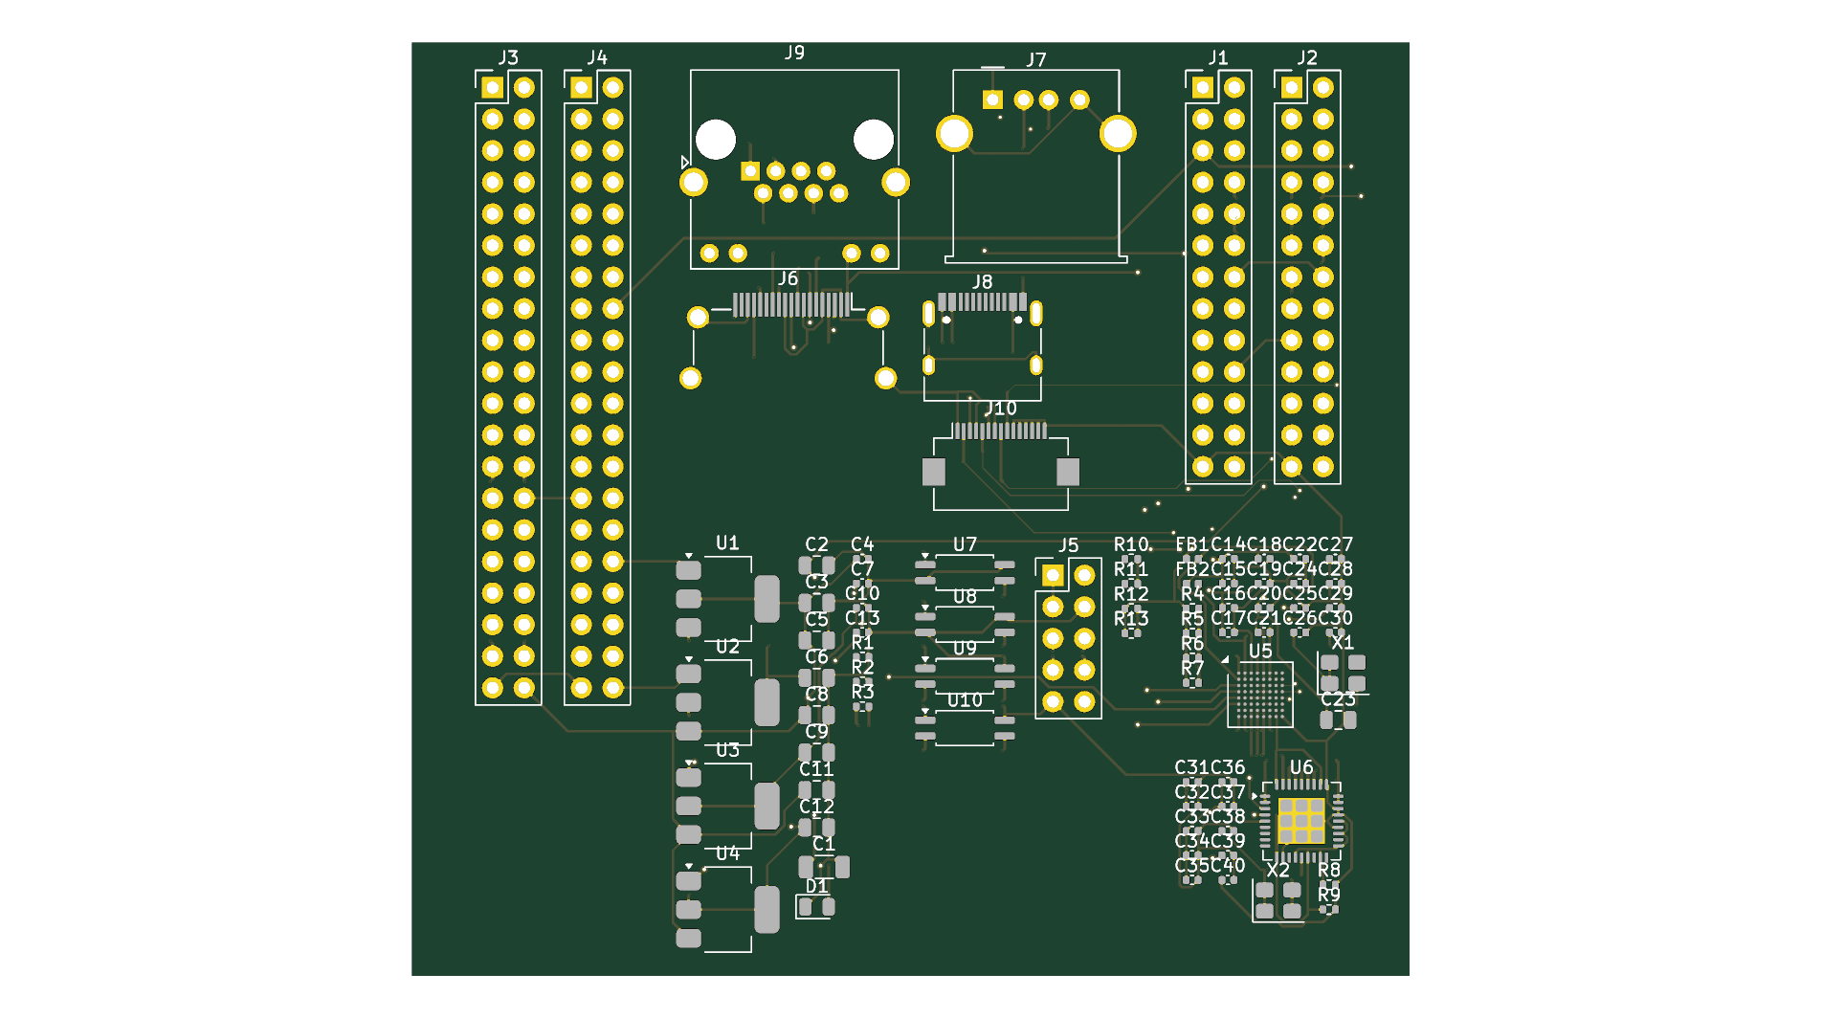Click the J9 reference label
point(794,53)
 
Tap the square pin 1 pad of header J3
point(492,88)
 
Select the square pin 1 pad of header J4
point(581,88)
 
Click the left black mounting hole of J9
point(716,140)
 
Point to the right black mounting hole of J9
point(873,140)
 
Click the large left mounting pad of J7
point(954,134)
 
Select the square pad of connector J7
point(992,100)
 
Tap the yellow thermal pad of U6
point(1301,821)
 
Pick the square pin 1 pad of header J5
point(1053,575)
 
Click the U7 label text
point(965,544)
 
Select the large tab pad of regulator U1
point(767,599)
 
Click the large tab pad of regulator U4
point(767,909)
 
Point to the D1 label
point(816,887)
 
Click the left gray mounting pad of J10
point(934,472)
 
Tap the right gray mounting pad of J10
point(1068,472)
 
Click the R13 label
point(1131,619)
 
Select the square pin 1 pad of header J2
point(1292,88)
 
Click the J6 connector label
point(788,278)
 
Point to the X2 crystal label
point(1278,870)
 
